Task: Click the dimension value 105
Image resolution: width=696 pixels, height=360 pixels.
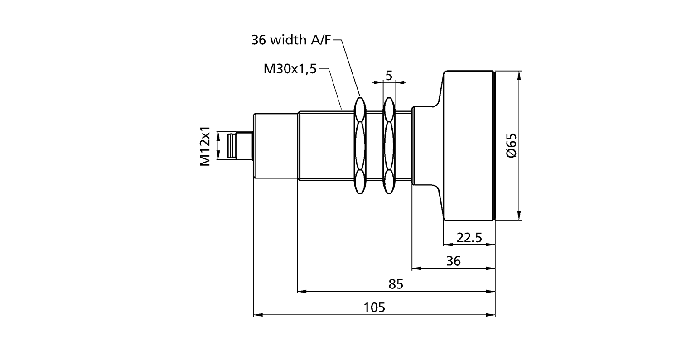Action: tap(374, 307)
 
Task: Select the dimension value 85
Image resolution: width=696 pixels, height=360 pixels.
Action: tap(396, 284)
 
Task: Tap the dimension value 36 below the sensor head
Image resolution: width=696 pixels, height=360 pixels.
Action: tap(453, 261)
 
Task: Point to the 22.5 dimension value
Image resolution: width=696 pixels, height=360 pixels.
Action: tap(469, 238)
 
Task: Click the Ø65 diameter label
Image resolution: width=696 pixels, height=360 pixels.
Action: tap(511, 146)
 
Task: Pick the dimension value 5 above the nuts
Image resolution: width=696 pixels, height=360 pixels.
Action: tap(389, 75)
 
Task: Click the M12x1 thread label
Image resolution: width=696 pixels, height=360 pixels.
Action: tap(206, 146)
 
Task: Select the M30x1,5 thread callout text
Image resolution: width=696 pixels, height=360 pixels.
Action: tap(290, 69)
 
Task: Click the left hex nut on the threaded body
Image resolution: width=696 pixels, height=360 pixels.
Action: tap(360, 146)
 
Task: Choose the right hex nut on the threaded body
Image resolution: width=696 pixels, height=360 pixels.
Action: tap(389, 146)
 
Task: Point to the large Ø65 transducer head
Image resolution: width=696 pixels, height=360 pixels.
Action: tap(469, 146)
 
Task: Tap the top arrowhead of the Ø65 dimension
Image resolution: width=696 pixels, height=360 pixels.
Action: tap(518, 74)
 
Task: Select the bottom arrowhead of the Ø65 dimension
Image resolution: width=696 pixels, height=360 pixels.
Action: tap(518, 218)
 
